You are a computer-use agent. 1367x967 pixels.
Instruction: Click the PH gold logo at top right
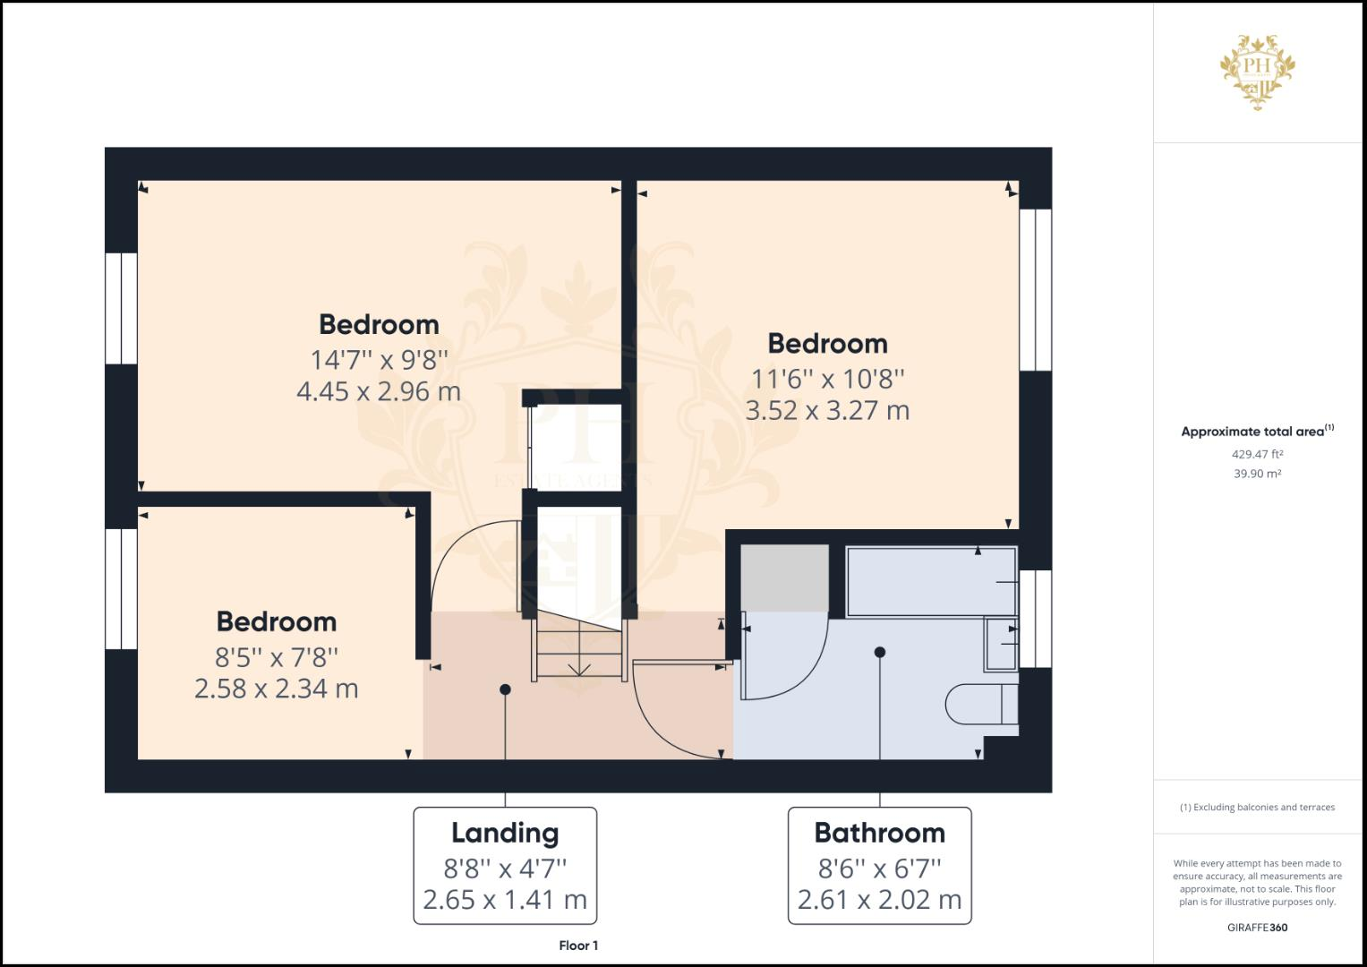[x=1257, y=72]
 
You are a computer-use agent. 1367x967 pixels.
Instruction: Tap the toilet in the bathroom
[x=980, y=705]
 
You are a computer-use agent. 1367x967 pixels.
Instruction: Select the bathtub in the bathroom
[x=931, y=581]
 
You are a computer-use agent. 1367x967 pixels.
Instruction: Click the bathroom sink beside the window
[x=1001, y=644]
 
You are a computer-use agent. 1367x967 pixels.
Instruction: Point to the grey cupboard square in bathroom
[x=784, y=578]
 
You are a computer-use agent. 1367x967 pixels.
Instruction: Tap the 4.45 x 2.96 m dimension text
[x=379, y=391]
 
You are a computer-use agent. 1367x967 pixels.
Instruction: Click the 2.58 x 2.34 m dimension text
[x=277, y=689]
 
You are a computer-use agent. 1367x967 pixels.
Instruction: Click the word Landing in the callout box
[x=505, y=833]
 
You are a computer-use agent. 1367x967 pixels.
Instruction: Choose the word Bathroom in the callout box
[x=879, y=833]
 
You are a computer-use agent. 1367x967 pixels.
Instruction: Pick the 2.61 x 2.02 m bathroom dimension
[x=879, y=900]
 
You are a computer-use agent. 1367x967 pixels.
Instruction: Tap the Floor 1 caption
[x=578, y=946]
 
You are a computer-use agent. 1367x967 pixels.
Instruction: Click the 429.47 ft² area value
[x=1257, y=454]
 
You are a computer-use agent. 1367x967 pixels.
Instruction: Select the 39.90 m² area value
[x=1257, y=474]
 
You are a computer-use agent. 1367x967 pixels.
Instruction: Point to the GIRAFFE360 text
[x=1257, y=928]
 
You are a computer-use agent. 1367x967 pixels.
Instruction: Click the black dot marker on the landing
[x=506, y=689]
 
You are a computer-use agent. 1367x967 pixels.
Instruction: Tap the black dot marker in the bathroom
[x=880, y=652]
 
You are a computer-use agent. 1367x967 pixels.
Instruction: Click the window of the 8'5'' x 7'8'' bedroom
[x=122, y=588]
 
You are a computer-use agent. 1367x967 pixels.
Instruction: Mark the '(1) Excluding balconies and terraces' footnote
[x=1257, y=807]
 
